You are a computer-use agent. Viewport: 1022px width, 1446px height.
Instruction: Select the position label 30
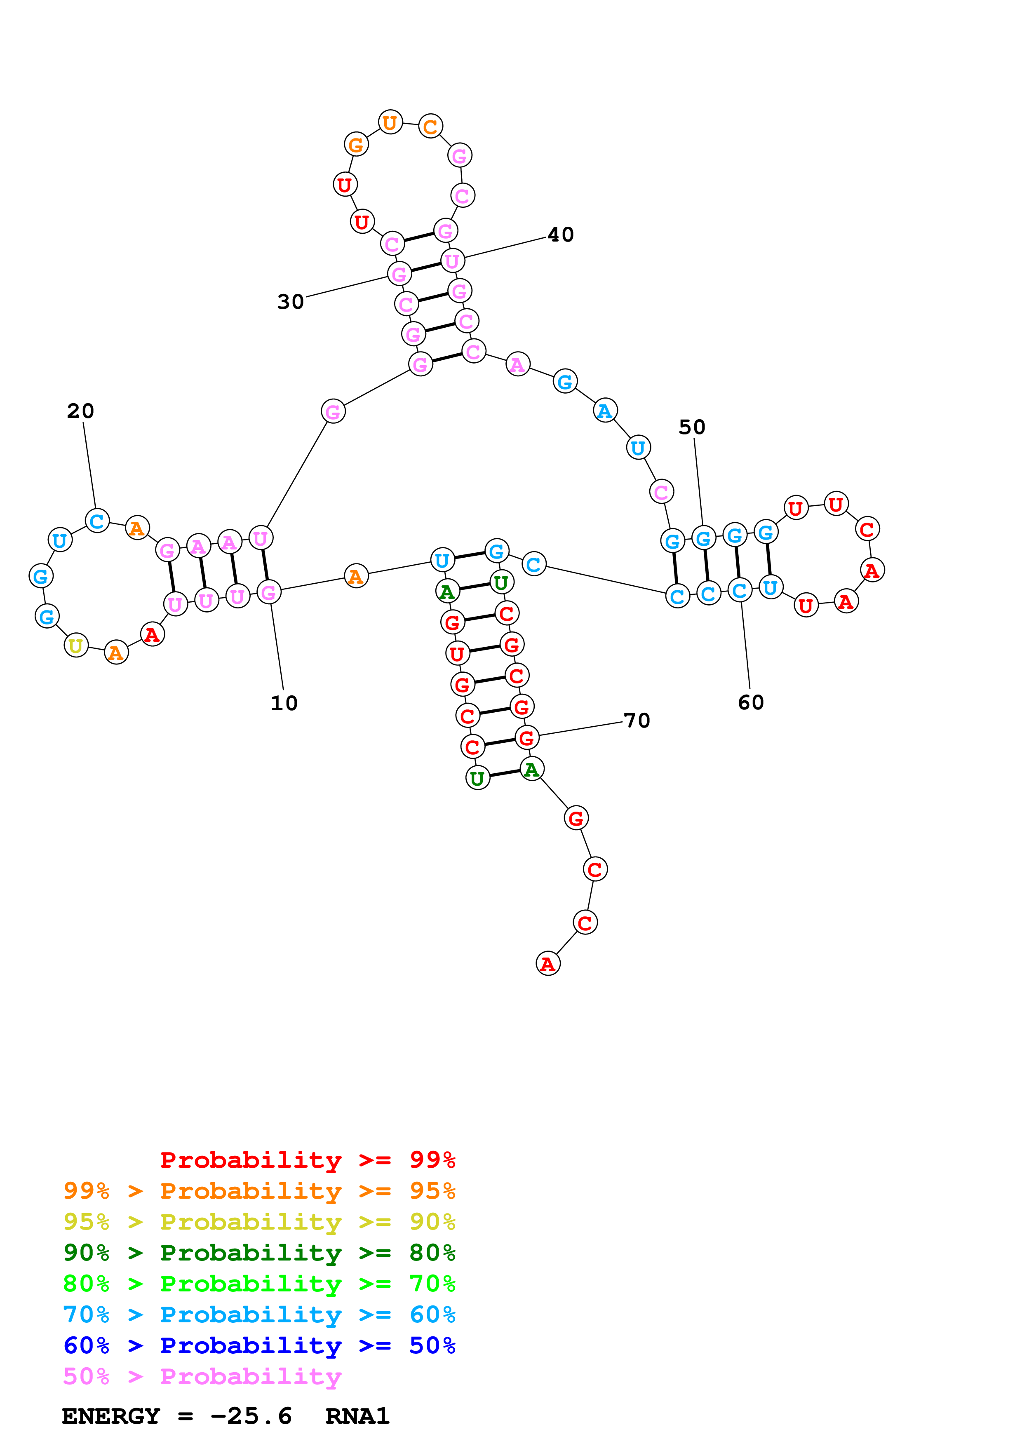click(x=290, y=302)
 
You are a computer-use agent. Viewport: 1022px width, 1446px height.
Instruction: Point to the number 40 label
click(x=560, y=235)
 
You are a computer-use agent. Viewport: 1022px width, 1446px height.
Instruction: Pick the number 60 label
click(x=751, y=702)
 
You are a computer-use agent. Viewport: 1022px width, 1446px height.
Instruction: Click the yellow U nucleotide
click(x=76, y=645)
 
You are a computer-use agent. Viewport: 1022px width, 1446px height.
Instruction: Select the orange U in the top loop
click(x=390, y=122)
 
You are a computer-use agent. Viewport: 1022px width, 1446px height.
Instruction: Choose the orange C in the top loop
click(x=431, y=126)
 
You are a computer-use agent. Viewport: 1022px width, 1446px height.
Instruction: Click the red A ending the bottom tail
click(x=548, y=964)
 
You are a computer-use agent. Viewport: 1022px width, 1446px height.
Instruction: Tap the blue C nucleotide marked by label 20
click(x=97, y=521)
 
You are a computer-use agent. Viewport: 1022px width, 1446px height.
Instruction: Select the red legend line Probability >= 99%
click(x=307, y=1160)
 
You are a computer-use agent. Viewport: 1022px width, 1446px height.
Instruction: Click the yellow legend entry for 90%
click(x=259, y=1221)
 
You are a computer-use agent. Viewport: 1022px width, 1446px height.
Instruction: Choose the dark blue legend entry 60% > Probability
click(x=259, y=1345)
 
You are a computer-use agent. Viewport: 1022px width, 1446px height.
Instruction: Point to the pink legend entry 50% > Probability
click(x=202, y=1376)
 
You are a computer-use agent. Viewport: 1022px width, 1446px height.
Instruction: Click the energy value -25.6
click(x=251, y=1416)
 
